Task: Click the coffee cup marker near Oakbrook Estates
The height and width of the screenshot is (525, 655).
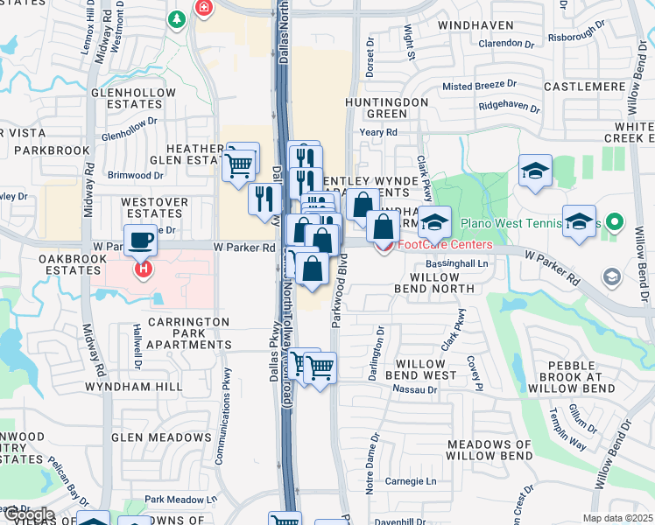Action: [141, 239]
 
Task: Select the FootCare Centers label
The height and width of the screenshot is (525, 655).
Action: [445, 244]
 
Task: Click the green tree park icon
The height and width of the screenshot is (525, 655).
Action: [178, 18]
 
